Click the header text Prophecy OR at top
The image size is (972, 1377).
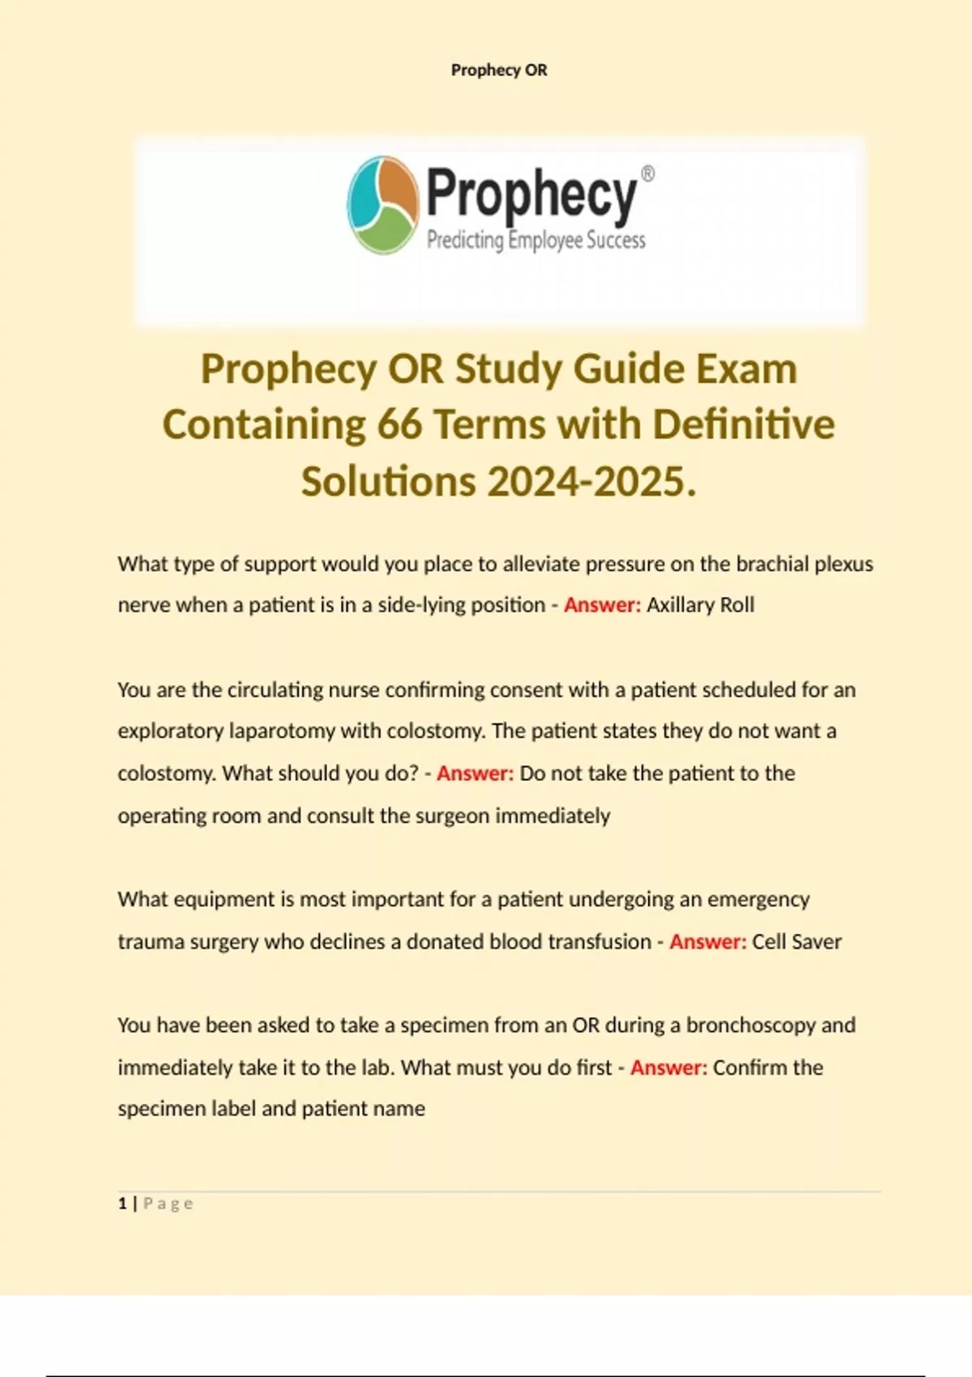[499, 70]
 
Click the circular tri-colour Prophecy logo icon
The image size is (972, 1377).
[382, 205]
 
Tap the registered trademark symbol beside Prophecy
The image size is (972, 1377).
[648, 174]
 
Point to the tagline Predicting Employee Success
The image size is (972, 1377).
[536, 241]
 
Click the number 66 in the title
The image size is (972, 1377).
[399, 424]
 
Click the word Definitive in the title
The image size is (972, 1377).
[743, 424]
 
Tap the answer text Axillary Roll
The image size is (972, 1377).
[701, 605]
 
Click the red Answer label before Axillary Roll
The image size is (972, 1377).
[602, 605]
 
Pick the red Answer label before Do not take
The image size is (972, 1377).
[475, 773]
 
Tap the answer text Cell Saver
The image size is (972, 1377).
[797, 941]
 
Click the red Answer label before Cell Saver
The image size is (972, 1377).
[708, 941]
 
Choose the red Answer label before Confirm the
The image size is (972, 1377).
[669, 1067]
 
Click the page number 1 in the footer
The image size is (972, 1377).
[122, 1204]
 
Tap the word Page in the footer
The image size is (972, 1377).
[168, 1204]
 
